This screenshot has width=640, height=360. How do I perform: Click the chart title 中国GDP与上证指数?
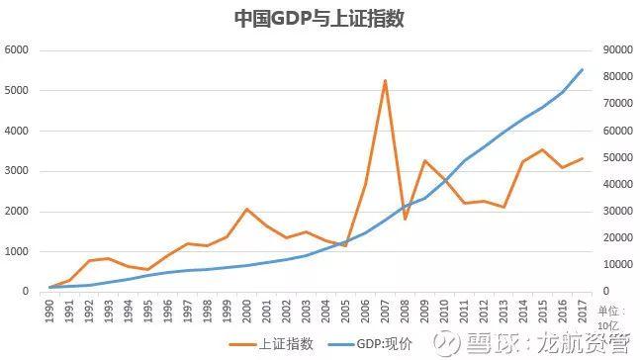[x=319, y=20]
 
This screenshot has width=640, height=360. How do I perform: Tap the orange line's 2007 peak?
[x=384, y=81]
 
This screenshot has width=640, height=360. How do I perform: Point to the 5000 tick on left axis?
[x=18, y=91]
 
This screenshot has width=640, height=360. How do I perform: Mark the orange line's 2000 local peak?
[x=246, y=209]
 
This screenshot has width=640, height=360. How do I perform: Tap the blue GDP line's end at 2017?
[x=581, y=69]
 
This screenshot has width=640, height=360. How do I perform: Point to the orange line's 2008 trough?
[x=404, y=219]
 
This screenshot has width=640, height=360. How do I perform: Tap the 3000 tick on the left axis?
[x=18, y=171]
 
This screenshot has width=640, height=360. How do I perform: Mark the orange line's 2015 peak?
[x=541, y=149]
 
